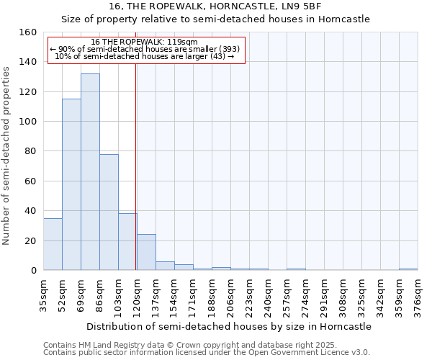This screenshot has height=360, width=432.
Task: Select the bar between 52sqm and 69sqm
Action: pyautogui.click(x=71, y=184)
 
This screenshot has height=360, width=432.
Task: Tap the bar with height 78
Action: pyautogui.click(x=109, y=212)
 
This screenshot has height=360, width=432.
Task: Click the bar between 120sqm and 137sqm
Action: pyautogui.click(x=146, y=252)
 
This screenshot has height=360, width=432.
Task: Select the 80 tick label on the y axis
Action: pyautogui.click(x=30, y=151)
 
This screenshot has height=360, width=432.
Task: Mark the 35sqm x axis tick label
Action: pyautogui.click(x=44, y=295)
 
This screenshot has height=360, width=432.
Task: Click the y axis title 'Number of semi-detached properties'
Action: pyautogui.click(x=6, y=151)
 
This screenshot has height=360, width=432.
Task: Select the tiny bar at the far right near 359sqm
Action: pyautogui.click(x=408, y=269)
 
